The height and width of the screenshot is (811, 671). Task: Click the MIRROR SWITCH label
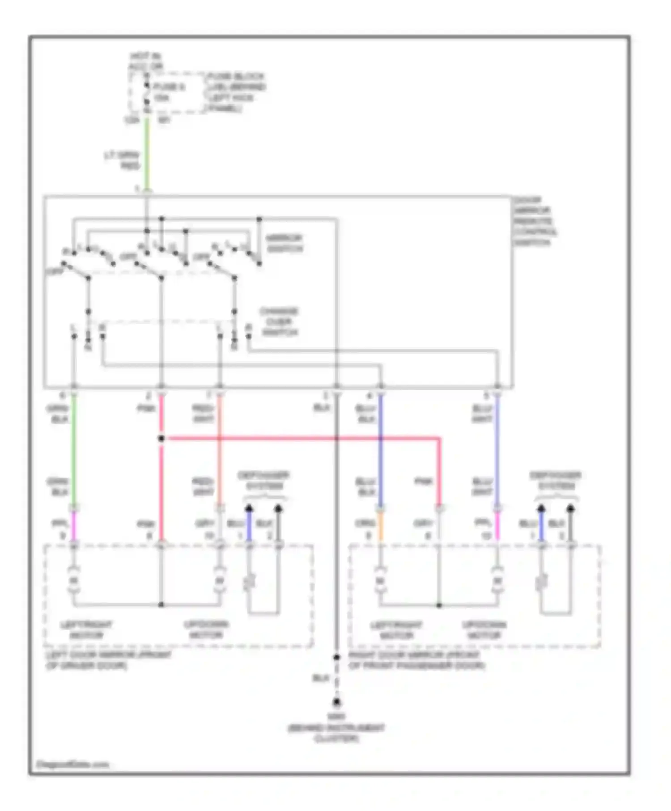click(285, 244)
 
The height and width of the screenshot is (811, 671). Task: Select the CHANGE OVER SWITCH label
click(279, 322)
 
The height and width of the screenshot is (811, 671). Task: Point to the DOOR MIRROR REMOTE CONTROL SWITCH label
click(535, 221)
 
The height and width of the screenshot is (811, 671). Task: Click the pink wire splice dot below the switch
click(161, 439)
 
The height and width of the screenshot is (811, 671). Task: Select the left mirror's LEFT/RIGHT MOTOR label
click(86, 630)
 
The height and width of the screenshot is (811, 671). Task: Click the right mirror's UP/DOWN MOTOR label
click(484, 630)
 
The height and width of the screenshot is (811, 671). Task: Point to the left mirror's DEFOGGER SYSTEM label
click(263, 481)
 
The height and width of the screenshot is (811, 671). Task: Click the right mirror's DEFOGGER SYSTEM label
click(555, 481)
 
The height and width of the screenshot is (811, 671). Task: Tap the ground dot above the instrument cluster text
click(336, 702)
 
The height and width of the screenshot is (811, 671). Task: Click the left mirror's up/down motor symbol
click(219, 581)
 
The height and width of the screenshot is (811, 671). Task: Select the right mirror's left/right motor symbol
click(380, 581)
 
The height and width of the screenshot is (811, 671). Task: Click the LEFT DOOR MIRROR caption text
click(109, 660)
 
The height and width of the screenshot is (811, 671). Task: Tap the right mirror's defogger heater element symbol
click(541, 582)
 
